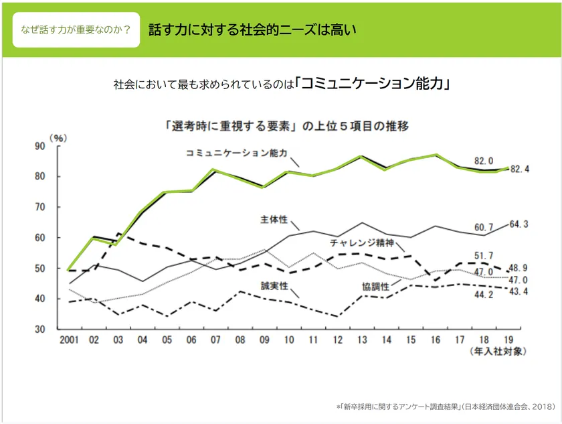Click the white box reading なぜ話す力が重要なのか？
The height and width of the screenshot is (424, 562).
tap(76, 30)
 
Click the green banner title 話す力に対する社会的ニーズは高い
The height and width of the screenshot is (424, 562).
tap(252, 30)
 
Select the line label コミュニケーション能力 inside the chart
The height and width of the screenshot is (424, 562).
tap(236, 153)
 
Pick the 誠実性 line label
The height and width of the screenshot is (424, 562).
tap(274, 285)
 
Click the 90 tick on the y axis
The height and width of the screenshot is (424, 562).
tap(39, 146)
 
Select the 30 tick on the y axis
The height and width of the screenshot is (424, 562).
tap(39, 330)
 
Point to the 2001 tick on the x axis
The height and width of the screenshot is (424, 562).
tap(70, 340)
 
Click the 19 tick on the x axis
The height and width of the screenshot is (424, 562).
tap(508, 340)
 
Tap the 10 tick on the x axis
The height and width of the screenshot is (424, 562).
tap(289, 340)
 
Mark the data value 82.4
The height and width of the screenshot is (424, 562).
tap(519, 169)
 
